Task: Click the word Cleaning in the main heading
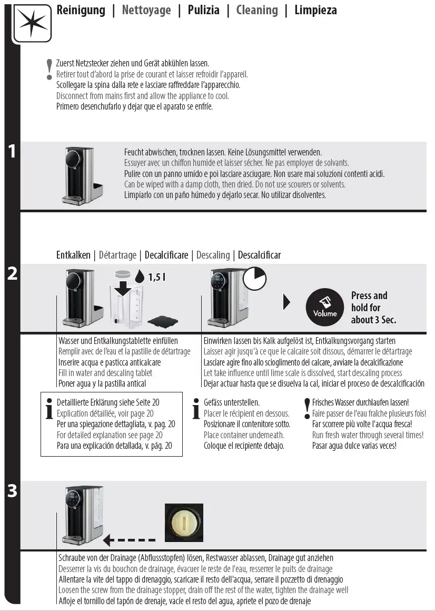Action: (257, 10)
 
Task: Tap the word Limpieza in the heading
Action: (315, 10)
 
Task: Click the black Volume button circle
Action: (325, 308)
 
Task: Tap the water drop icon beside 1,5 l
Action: (139, 277)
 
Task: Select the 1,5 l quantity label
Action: (157, 277)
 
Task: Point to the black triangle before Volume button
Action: (286, 302)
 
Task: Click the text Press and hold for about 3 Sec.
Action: (373, 308)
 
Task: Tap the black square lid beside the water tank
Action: (163, 320)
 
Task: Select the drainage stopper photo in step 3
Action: (184, 522)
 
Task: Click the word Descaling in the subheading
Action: (213, 255)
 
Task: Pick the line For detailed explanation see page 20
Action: (110, 435)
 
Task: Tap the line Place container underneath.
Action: (244, 435)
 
